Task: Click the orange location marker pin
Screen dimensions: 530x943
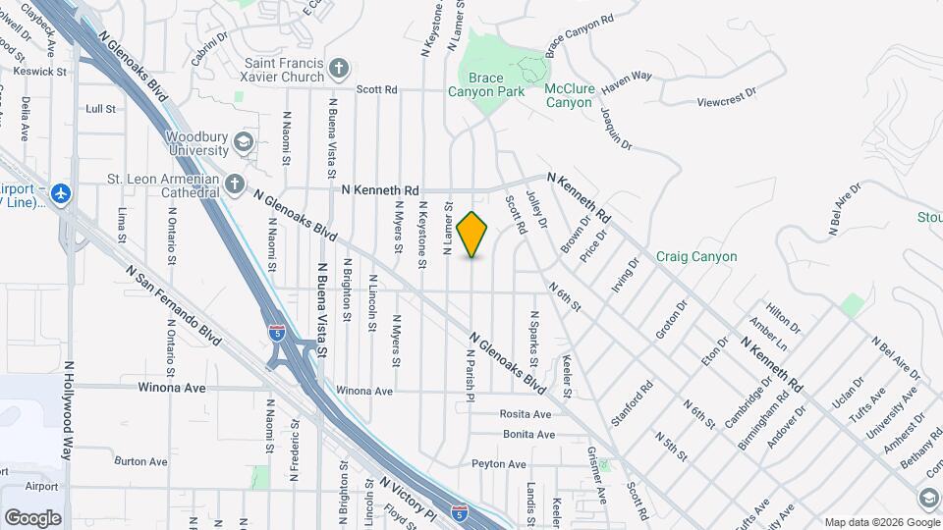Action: [472, 234]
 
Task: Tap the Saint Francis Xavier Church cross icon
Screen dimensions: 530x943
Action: [339, 69]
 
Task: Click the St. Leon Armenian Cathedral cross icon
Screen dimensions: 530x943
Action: [234, 184]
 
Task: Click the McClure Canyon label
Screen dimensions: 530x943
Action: [570, 95]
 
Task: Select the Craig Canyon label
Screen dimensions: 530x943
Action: [696, 256]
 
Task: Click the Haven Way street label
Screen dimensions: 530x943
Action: [627, 80]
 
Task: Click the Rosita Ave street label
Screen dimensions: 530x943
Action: [527, 414]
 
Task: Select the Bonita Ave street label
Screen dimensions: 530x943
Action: [528, 434]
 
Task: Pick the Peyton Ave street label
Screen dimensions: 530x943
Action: [499, 463]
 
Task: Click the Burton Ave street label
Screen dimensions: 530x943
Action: [141, 460]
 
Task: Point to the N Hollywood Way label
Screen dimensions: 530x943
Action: [69, 410]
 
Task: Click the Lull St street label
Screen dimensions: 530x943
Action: [101, 108]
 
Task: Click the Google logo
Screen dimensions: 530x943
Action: [32, 517]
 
